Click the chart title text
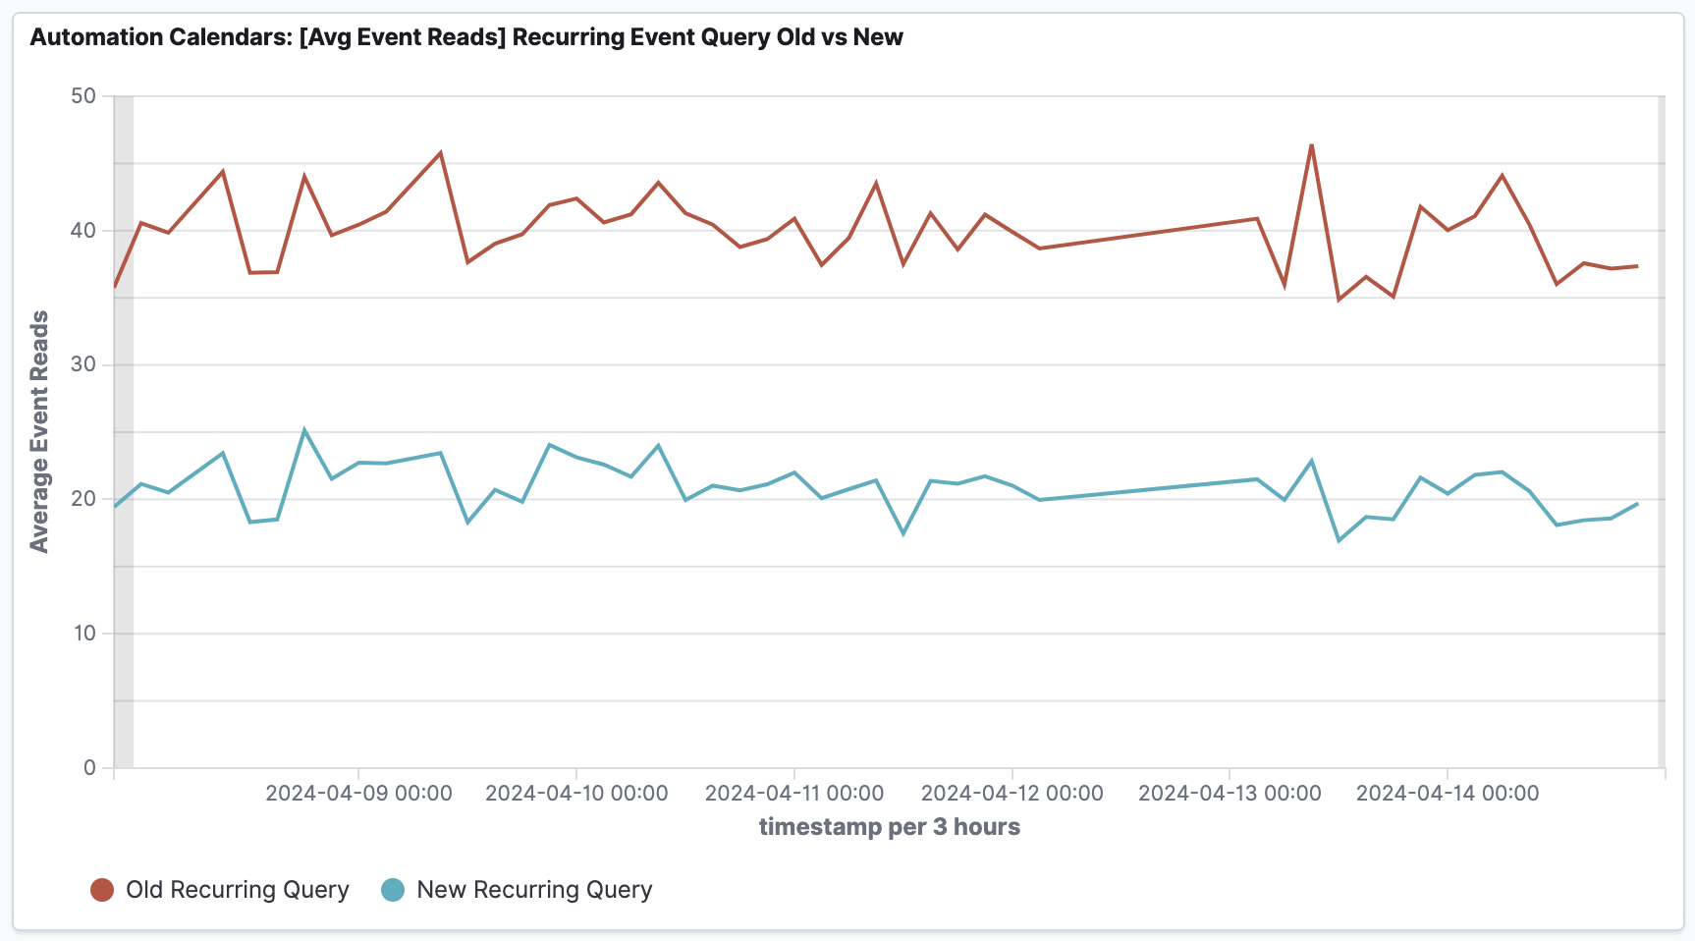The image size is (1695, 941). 466,37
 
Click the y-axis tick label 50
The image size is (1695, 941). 83,96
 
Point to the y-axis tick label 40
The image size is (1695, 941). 83,231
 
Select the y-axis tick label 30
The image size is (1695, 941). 83,364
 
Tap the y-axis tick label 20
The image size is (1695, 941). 83,499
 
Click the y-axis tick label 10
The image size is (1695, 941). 83,634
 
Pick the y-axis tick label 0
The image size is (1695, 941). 89,767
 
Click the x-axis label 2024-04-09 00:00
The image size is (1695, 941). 358,793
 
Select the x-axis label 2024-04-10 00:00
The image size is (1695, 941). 576,793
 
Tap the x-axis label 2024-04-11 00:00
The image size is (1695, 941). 794,793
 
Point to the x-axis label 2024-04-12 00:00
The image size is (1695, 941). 1012,793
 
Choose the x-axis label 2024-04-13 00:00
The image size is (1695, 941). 1230,793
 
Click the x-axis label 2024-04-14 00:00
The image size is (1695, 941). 1448,793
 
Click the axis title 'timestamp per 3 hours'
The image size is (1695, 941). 889,827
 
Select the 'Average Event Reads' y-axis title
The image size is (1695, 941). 39,432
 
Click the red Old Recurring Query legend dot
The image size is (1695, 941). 102,890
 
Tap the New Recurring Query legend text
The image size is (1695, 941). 534,890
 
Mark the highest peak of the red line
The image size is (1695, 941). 1311,145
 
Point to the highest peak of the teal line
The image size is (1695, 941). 304,429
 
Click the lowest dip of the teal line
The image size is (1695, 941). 1339,540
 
